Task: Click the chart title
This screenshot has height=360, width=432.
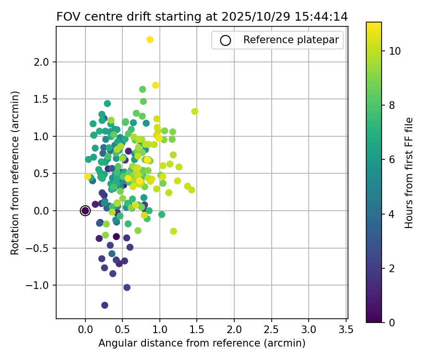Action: [x=202, y=16]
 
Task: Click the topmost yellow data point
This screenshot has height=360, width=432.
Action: [x=150, y=40]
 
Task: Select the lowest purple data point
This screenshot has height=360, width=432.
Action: [x=105, y=305]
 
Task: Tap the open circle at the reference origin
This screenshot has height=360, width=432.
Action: [x=85, y=211]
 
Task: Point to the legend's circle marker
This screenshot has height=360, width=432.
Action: [x=226, y=40]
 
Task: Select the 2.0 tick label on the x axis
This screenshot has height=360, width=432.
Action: [x=234, y=329]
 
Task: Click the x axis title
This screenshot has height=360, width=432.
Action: [x=202, y=343]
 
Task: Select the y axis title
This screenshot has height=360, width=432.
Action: [x=15, y=172]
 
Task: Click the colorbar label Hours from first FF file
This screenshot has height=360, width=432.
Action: [x=409, y=172]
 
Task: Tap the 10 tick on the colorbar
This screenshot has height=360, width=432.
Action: [x=395, y=50]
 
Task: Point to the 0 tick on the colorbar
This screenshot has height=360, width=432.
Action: [x=392, y=322]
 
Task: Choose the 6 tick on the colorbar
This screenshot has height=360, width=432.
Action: [x=392, y=159]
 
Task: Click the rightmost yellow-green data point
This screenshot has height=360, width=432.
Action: [x=194, y=111]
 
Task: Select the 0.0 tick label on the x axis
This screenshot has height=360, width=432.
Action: [x=85, y=329]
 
